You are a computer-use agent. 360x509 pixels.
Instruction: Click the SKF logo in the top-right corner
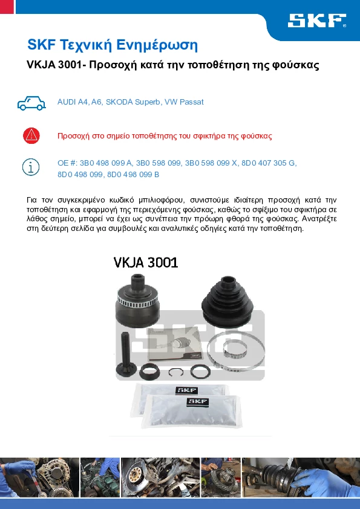[317, 21]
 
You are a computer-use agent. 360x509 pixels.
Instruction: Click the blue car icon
[31, 103]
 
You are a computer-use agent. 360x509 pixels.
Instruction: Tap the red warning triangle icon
[31, 135]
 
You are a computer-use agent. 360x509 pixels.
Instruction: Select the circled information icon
[31, 167]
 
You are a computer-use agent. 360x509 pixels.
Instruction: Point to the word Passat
[192, 102]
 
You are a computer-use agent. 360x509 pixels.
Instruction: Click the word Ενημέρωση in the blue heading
[157, 45]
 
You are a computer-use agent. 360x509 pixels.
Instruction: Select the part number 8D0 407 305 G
[268, 163]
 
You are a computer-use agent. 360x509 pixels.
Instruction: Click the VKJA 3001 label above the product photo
[146, 262]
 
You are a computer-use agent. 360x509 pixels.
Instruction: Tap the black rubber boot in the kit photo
[227, 301]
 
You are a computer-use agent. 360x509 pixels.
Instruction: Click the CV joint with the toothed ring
[138, 300]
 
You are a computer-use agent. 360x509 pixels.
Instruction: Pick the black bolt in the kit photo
[126, 355]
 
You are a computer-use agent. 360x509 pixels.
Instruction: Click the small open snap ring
[176, 372]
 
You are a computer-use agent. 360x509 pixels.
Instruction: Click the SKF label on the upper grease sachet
[186, 390]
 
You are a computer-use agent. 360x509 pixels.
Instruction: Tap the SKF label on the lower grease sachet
[197, 401]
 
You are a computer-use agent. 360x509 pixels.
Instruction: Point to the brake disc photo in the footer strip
[160, 478]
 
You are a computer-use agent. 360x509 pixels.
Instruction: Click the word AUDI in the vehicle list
[67, 102]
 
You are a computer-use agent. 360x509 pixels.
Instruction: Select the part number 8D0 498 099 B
[133, 175]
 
